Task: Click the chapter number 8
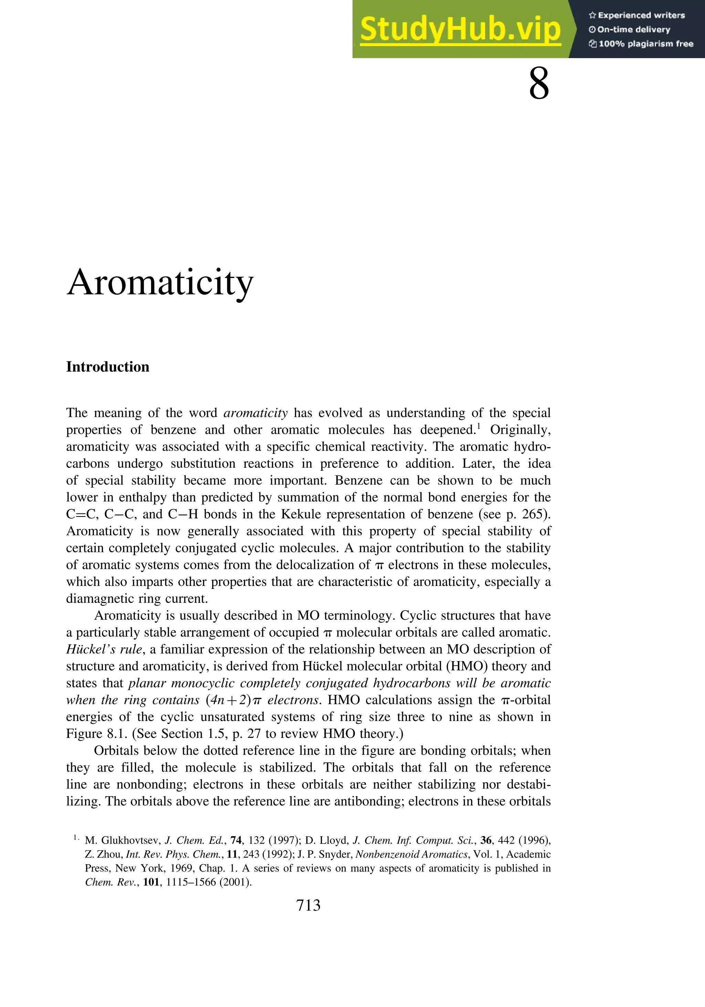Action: pos(539,85)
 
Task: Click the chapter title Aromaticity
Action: pos(160,283)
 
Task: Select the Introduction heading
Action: pos(107,367)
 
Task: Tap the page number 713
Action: pos(308,905)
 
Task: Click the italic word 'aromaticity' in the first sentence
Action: pos(255,413)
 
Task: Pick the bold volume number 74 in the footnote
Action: pos(236,840)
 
